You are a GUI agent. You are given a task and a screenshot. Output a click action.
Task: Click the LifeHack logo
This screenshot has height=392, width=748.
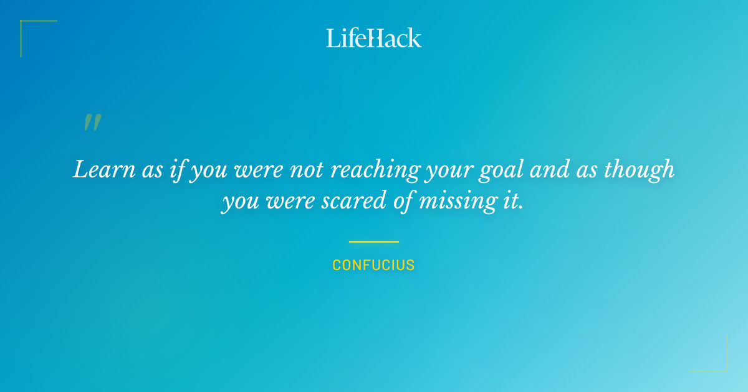374,38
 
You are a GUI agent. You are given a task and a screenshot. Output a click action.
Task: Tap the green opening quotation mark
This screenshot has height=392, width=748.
92,123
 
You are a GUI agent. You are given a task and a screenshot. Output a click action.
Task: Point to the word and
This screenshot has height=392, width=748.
549,169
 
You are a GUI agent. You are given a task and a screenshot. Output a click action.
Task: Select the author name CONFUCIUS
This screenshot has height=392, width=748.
373,265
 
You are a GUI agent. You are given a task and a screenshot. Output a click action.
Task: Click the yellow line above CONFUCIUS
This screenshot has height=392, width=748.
373,241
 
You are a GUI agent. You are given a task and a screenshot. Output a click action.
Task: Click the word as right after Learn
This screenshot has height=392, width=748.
152,170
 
